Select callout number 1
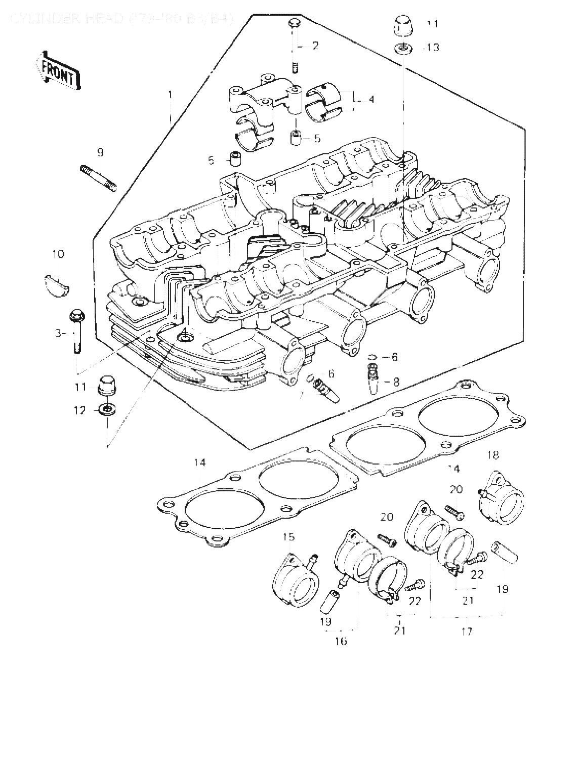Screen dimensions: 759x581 click(171, 95)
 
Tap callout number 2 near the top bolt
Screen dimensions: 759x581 click(316, 46)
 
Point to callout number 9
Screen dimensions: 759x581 click(100, 152)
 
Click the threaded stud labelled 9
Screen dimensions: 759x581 click(98, 178)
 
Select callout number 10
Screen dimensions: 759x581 click(58, 254)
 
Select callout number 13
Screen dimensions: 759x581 click(433, 48)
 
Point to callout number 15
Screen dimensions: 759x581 click(288, 536)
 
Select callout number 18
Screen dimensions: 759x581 click(492, 455)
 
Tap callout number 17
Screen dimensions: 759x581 click(467, 631)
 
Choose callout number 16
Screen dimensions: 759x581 click(341, 642)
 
